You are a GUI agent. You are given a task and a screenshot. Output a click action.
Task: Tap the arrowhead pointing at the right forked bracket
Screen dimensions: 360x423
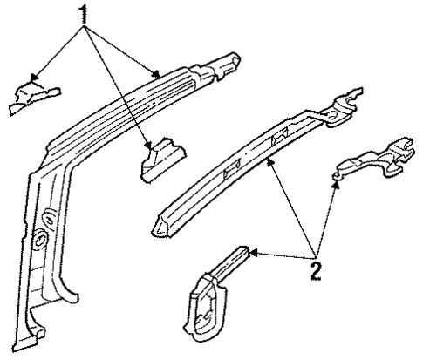click(335, 180)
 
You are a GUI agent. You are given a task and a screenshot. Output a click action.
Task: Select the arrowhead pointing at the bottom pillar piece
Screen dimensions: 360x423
click(250, 254)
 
